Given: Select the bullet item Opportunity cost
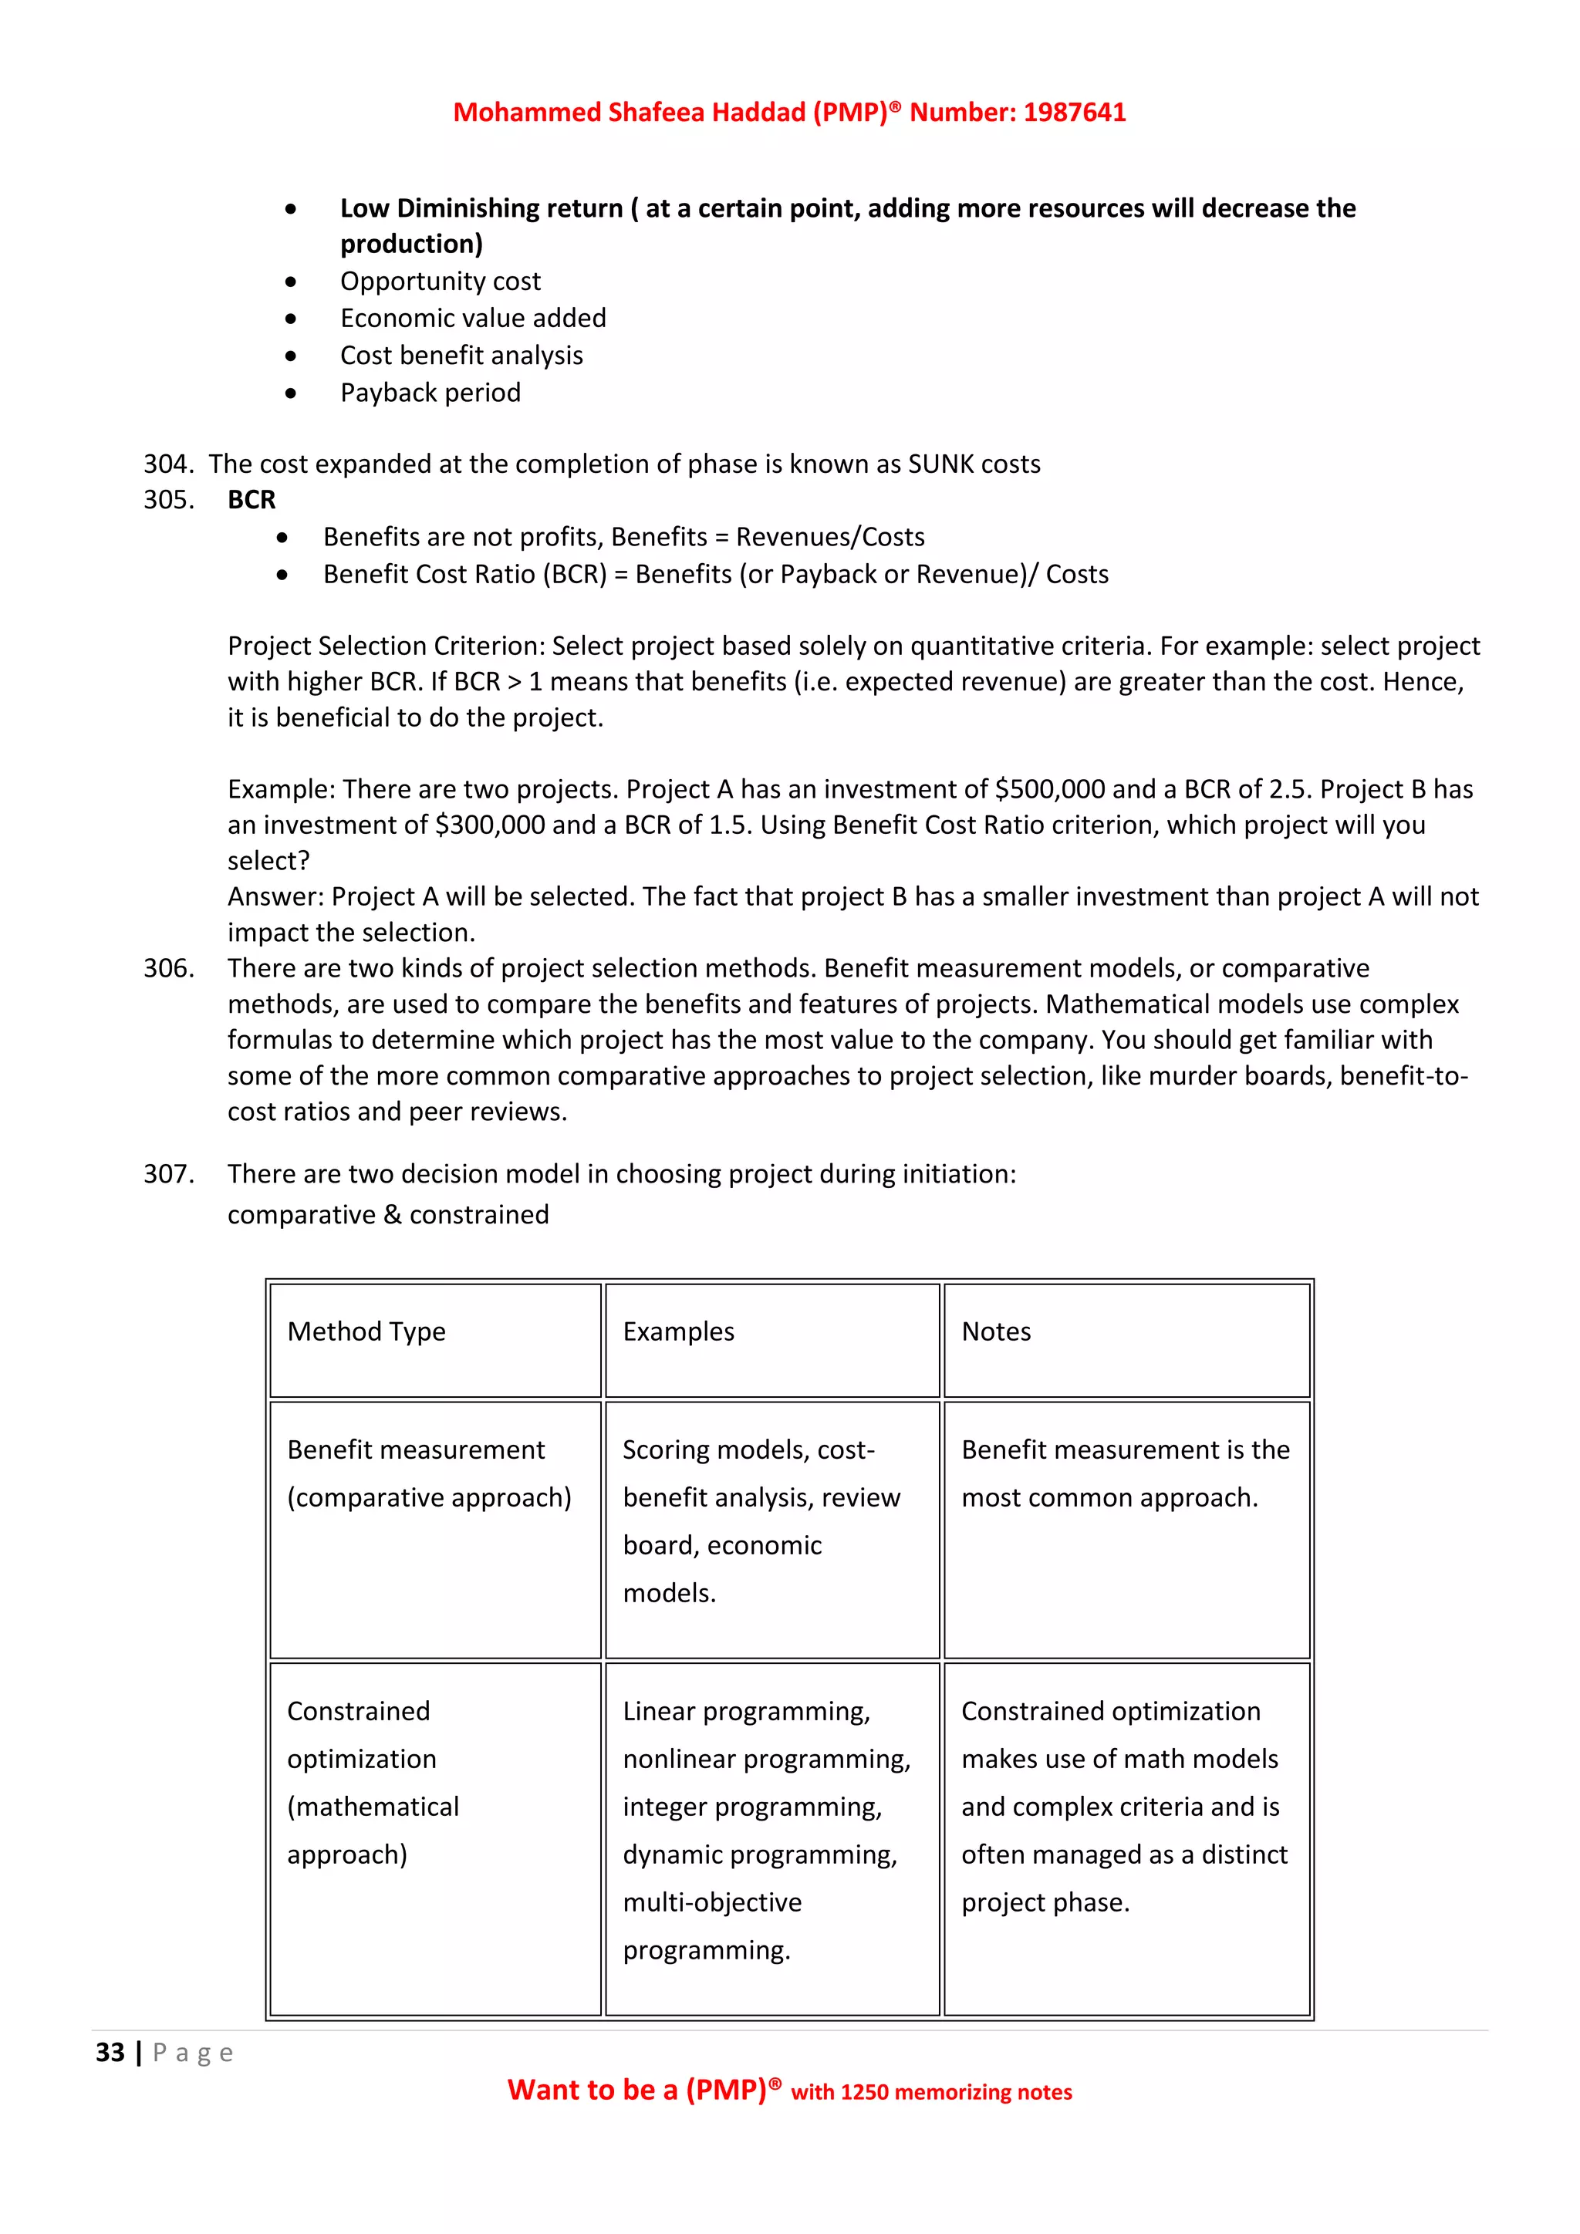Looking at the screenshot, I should pyautogui.click(x=440, y=282).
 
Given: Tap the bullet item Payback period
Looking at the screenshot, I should pyautogui.click(x=430, y=393).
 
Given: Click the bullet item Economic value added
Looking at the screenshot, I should pyautogui.click(x=473, y=319).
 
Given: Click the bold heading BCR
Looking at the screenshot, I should pyautogui.click(x=251, y=500).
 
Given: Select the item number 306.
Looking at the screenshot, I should pyautogui.click(x=168, y=968).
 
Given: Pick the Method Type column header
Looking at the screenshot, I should pyautogui.click(x=366, y=1332).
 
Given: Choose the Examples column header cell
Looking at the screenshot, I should pyautogui.click(x=678, y=1332).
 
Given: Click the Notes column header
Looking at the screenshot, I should pyautogui.click(x=995, y=1332).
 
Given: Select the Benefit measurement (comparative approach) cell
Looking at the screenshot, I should pyautogui.click(x=428, y=1474).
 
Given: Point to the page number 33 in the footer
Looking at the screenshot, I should pyautogui.click(x=110, y=2053).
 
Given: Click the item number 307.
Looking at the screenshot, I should pyautogui.click(x=168, y=1174).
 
